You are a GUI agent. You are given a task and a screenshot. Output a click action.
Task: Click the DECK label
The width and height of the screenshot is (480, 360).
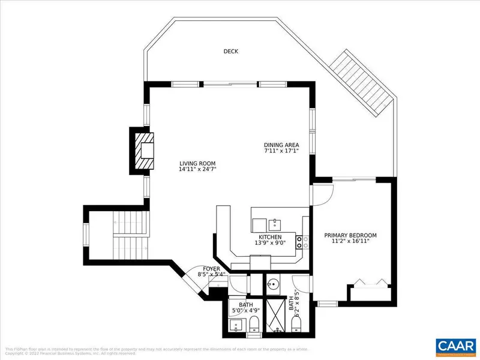pyautogui.click(x=230, y=52)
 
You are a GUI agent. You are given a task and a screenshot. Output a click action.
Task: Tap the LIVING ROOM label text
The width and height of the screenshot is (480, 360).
pyautogui.click(x=197, y=163)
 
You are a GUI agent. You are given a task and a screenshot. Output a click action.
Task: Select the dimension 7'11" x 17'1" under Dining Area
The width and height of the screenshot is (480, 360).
pyautogui.click(x=281, y=152)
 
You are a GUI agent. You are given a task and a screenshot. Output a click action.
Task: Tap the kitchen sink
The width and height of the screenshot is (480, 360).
pyautogui.click(x=276, y=224)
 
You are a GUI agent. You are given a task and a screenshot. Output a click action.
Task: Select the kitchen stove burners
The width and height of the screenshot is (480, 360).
pyautogui.click(x=305, y=241)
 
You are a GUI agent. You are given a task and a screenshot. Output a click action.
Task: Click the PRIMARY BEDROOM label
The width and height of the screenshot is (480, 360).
pyautogui.click(x=350, y=235)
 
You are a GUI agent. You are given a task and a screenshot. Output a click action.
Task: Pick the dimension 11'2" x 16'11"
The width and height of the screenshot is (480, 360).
pyautogui.click(x=350, y=242)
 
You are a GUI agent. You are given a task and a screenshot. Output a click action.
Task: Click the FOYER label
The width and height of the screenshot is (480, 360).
pyautogui.click(x=211, y=269)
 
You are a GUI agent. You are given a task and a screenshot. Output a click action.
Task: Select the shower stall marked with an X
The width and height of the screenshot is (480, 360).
pyautogui.click(x=277, y=314)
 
